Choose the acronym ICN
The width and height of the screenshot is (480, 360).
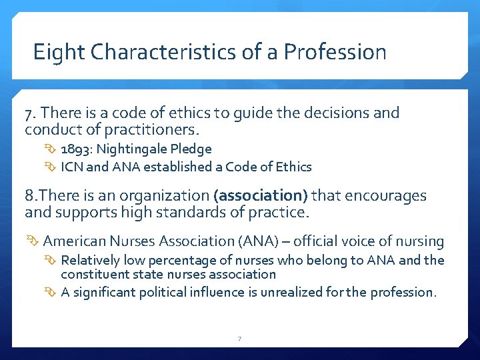click(71, 167)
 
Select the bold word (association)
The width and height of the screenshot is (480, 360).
click(261, 196)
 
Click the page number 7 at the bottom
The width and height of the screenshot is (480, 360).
click(240, 339)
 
